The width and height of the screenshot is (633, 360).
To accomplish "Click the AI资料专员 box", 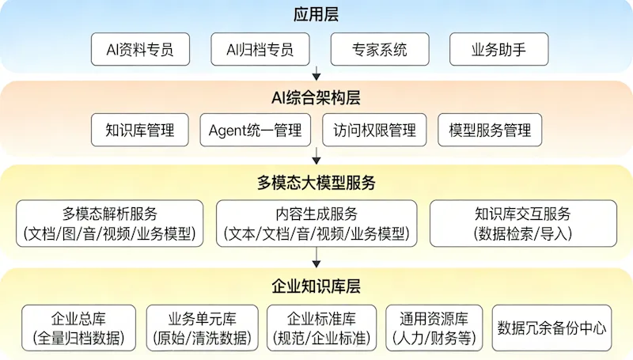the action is click(x=139, y=50).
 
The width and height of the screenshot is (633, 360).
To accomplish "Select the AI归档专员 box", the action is click(x=260, y=50).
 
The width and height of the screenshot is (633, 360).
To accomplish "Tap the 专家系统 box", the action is click(x=380, y=50).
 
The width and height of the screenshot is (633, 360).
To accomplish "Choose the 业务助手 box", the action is click(x=498, y=50).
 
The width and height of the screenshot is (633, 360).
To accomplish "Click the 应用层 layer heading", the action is click(x=316, y=16).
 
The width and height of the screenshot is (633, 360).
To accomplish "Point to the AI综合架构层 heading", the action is click(x=316, y=97).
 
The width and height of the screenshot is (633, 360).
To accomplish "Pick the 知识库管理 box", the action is click(x=139, y=131).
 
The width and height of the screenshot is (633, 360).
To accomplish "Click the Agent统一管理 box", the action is click(x=255, y=131).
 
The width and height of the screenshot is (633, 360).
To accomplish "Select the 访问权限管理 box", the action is click(x=374, y=131).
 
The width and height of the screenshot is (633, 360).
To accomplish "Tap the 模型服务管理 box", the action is click(x=490, y=131).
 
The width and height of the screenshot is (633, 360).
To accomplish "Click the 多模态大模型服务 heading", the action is click(x=316, y=183).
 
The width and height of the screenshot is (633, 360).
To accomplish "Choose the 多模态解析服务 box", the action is click(x=110, y=224).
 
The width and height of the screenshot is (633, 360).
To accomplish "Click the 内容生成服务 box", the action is click(x=316, y=224).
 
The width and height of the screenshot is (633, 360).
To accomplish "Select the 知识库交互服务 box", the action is click(x=522, y=224).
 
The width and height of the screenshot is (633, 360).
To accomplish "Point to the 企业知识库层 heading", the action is click(x=316, y=286).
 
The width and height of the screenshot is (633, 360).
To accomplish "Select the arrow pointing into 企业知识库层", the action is click(x=316, y=259).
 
